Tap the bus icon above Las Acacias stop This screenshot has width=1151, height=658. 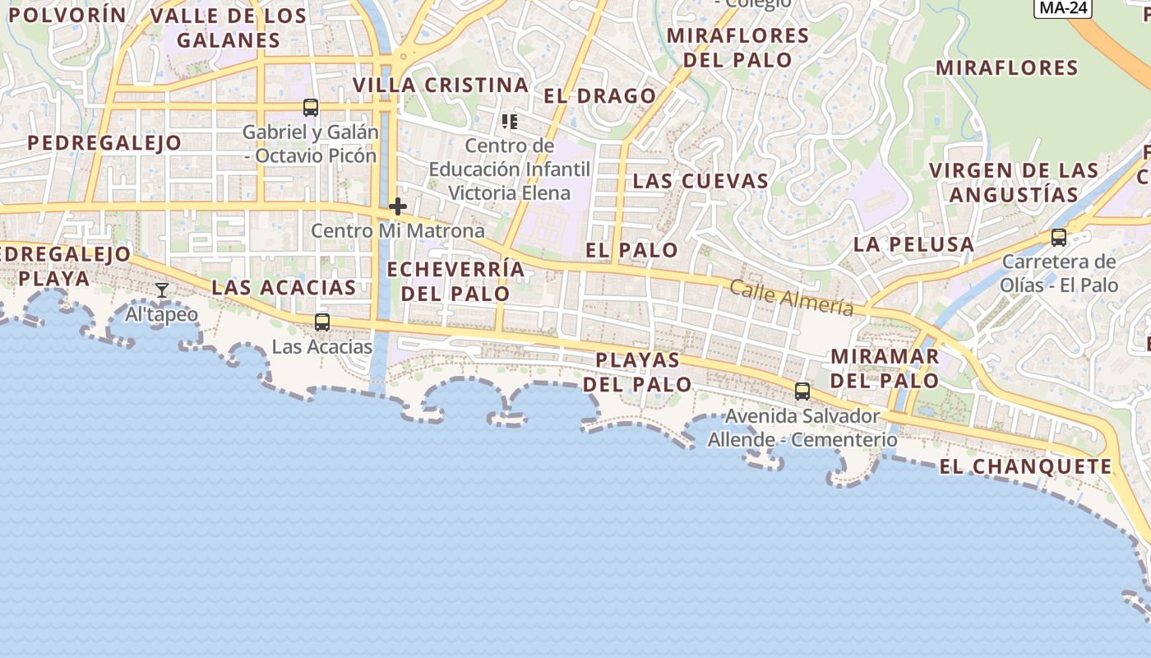point(322,322)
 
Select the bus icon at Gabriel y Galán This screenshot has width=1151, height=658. point(311,108)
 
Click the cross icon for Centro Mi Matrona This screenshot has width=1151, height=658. point(398,206)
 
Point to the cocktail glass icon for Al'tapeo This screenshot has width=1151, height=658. point(162,290)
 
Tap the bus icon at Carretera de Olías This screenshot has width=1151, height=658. point(1059,238)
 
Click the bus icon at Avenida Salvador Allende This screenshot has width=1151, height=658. point(802,392)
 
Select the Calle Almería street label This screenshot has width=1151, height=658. point(791,299)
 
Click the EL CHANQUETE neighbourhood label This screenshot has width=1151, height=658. point(1025,467)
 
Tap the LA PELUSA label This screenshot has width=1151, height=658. point(913,244)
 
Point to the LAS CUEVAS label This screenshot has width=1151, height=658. point(700,181)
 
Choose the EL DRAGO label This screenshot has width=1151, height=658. point(600,96)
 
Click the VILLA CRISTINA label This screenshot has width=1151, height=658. point(441,86)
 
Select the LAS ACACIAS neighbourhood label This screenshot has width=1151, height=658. point(284,288)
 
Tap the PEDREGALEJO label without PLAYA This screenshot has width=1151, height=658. point(104,143)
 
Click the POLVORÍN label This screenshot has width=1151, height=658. point(67,15)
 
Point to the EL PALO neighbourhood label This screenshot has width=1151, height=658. point(631,250)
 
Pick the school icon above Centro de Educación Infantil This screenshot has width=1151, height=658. point(510,122)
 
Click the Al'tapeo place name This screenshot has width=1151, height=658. point(162,315)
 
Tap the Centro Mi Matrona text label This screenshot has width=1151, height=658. point(398,231)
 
